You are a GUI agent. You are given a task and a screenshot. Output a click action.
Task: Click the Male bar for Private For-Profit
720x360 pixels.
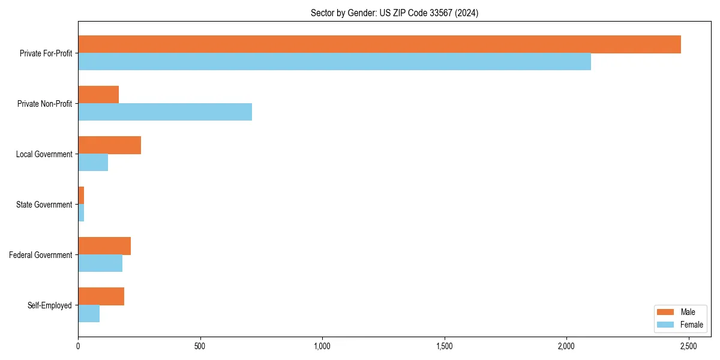pyautogui.click(x=379, y=44)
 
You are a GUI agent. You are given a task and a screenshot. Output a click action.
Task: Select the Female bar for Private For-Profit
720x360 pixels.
pyautogui.click(x=334, y=61)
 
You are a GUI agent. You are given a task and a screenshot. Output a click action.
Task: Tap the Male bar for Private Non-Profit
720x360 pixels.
pyautogui.click(x=98, y=95)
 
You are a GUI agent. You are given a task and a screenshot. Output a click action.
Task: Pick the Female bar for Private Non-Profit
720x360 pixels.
pyautogui.click(x=165, y=112)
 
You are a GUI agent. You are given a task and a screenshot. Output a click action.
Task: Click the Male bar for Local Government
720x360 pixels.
pyautogui.click(x=109, y=145)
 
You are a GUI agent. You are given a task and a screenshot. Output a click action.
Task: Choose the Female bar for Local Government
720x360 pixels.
pyautogui.click(x=93, y=162)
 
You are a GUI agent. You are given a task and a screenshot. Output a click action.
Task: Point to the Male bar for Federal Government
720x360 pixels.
pyautogui.click(x=104, y=246)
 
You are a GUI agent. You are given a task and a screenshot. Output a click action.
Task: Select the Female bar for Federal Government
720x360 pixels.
pyautogui.click(x=100, y=263)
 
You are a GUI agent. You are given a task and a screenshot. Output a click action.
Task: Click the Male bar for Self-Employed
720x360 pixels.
pyautogui.click(x=101, y=296)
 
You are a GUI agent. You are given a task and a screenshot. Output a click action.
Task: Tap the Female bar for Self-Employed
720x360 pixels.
pyautogui.click(x=89, y=313)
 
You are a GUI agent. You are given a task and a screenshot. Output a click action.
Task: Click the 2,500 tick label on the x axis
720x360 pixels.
pyautogui.click(x=689, y=347)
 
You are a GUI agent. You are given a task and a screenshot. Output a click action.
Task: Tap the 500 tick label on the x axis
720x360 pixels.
pyautogui.click(x=200, y=347)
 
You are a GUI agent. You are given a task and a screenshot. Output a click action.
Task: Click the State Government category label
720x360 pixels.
pyautogui.click(x=44, y=205)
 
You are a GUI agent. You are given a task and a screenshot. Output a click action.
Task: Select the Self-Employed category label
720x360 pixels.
pyautogui.click(x=49, y=305)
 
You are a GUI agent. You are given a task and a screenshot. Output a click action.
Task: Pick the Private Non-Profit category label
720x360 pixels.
pyautogui.click(x=44, y=104)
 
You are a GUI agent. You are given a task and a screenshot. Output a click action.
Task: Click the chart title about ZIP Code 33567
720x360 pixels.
pyautogui.click(x=394, y=13)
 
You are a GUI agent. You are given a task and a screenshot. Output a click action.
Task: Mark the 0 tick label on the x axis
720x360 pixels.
pyautogui.click(x=78, y=347)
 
